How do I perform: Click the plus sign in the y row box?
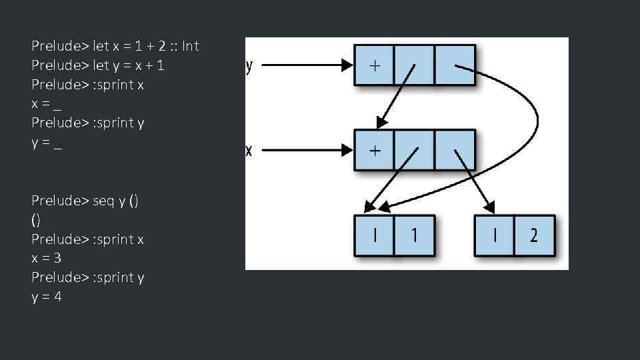(x=375, y=65)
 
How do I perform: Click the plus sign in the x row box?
(x=375, y=151)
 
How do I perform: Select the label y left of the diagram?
(x=249, y=65)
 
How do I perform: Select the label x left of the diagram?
(x=249, y=151)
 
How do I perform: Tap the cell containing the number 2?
(x=534, y=235)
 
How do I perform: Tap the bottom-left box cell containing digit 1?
(x=414, y=235)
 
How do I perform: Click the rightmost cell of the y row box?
(x=455, y=65)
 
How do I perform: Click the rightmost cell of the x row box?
(x=455, y=150)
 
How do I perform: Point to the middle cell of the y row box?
(x=414, y=65)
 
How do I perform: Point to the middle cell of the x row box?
(x=414, y=150)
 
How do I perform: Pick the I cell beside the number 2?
(x=494, y=235)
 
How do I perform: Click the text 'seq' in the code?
(x=105, y=201)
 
